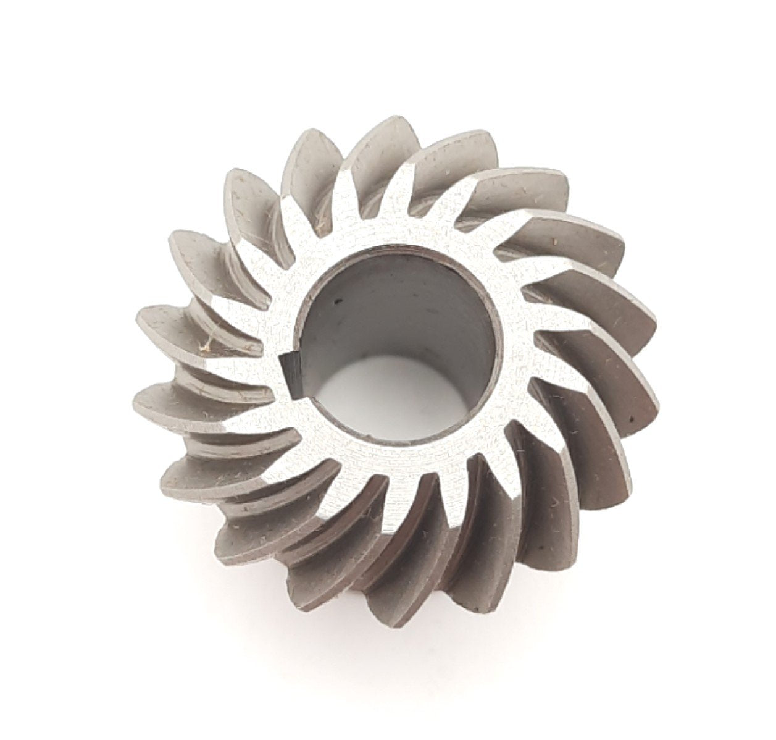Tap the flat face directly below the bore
coord(395,463)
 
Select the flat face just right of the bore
coord(512,346)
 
